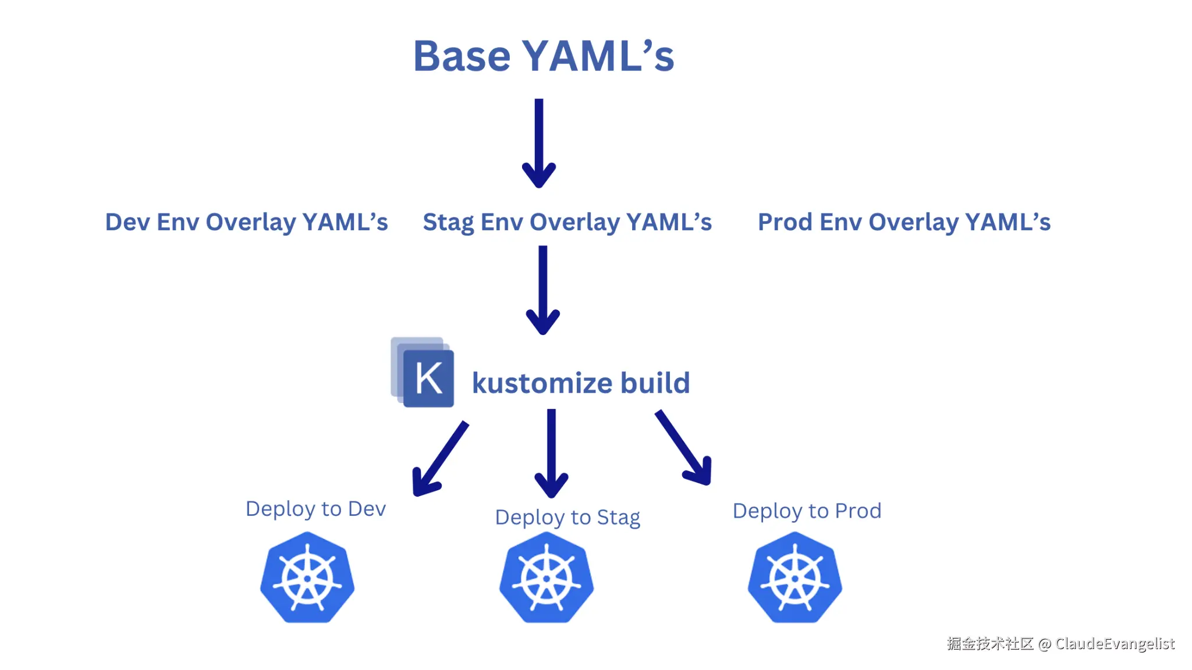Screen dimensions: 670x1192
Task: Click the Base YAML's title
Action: click(x=543, y=57)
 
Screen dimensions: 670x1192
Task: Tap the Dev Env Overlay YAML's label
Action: click(x=246, y=222)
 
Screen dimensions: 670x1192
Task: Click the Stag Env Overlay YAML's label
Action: click(x=567, y=222)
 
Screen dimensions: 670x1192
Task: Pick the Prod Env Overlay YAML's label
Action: click(x=904, y=222)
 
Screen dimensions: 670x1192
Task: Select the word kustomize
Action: click(x=542, y=383)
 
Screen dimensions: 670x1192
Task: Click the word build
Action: click(x=655, y=383)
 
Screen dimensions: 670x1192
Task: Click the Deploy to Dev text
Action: click(x=315, y=509)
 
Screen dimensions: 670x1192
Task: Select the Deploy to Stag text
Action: click(x=567, y=517)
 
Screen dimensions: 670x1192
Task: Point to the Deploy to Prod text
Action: click(x=807, y=511)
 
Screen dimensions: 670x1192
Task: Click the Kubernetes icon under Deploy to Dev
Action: click(x=307, y=578)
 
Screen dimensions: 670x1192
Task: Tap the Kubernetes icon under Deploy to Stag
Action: click(x=547, y=578)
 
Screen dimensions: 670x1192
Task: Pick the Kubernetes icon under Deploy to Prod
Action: click(x=795, y=578)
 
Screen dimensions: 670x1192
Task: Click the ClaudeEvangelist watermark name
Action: click(x=1115, y=643)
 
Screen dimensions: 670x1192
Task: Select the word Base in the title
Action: click(x=462, y=57)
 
